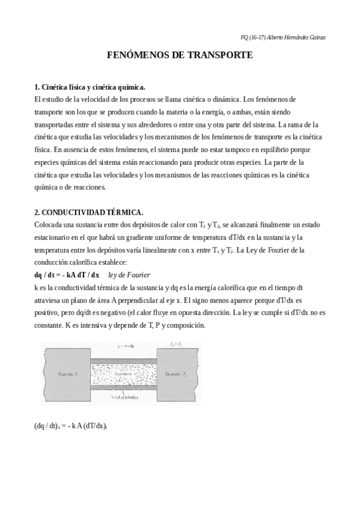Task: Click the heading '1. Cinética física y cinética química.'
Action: pyautogui.click(x=90, y=87)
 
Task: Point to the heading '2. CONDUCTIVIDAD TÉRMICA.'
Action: pyautogui.click(x=88, y=212)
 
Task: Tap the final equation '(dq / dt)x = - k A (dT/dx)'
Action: pyautogui.click(x=70, y=426)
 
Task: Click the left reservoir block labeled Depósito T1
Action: pyautogui.click(x=66, y=374)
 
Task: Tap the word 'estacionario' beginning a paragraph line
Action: pyautogui.click(x=53, y=237)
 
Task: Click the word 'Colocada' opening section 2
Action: pyautogui.click(x=49, y=224)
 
